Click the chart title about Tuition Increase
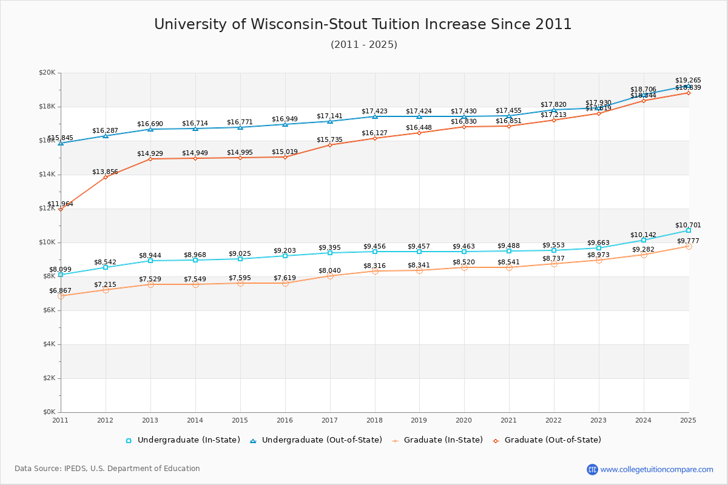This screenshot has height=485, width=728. point(363,24)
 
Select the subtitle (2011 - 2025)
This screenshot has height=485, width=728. point(364,45)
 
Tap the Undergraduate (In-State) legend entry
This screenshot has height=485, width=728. point(188,440)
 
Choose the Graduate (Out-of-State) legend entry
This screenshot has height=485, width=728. point(552,440)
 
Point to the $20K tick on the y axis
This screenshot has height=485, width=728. point(47,73)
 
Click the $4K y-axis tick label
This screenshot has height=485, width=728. point(49,344)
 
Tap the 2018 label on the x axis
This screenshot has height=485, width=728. point(374,420)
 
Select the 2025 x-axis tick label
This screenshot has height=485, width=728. point(688,420)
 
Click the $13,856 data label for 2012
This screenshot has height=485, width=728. point(105,172)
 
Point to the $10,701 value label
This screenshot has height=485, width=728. point(688,225)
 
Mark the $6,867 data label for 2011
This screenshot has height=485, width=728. point(60,291)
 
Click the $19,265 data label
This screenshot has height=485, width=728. point(688,80)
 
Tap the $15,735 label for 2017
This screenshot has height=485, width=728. point(329,140)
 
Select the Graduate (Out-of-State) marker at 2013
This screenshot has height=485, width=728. point(150,159)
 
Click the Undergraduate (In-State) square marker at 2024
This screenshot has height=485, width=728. point(644,240)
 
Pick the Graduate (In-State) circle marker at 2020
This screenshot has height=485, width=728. point(464,267)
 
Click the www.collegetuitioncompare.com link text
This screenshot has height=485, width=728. point(656,469)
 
